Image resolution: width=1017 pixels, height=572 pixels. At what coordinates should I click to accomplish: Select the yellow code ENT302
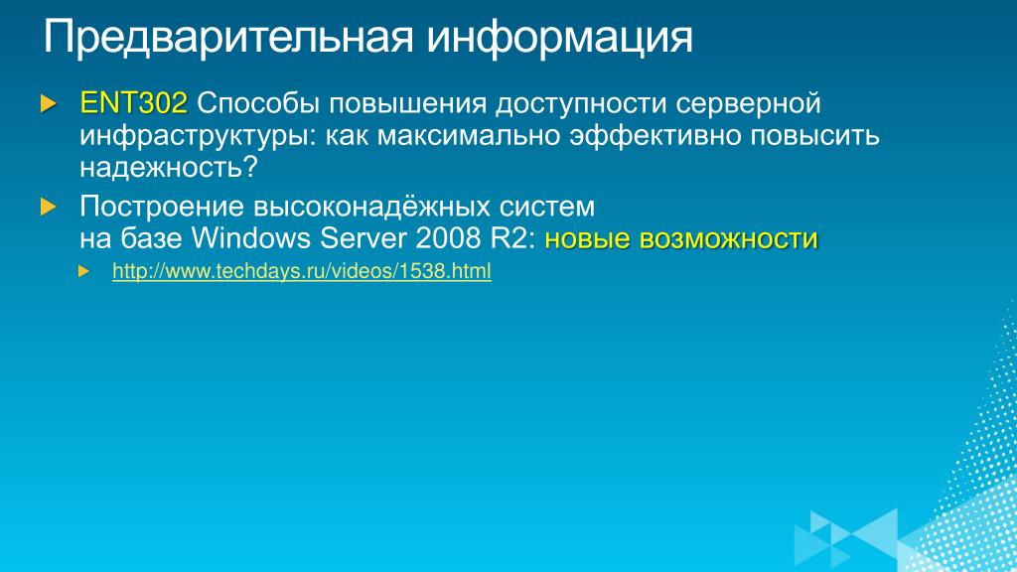[134, 103]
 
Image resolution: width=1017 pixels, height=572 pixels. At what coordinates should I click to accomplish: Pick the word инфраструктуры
[198, 136]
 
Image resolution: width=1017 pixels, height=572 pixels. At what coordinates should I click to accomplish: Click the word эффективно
[655, 136]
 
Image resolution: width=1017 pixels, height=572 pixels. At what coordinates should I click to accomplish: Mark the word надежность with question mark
[169, 167]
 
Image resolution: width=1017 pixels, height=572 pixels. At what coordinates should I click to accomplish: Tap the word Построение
[162, 207]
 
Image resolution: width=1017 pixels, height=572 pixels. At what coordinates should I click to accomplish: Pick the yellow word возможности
[728, 238]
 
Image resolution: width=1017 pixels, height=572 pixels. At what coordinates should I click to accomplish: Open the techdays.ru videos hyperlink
[302, 271]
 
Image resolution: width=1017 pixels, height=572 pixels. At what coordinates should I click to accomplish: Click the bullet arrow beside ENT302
[48, 103]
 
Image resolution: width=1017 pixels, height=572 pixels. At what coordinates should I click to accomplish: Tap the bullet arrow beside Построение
[48, 207]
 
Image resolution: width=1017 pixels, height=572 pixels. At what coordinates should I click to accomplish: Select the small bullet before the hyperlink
[83, 271]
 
